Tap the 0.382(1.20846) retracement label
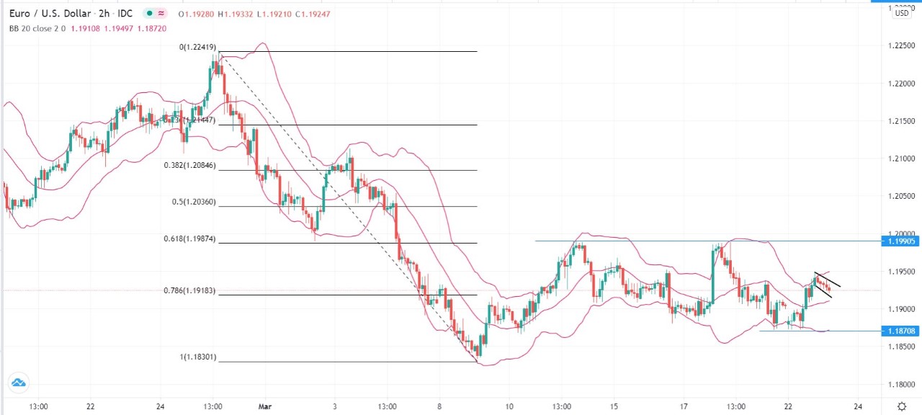click(189, 165)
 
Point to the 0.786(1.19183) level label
click(189, 291)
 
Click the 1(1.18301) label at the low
click(197, 357)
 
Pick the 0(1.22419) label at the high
click(197, 47)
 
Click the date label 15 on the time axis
click(614, 406)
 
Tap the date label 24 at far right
click(859, 406)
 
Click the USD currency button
click(901, 13)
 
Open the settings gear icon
click(902, 406)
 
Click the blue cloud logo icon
click(17, 383)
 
